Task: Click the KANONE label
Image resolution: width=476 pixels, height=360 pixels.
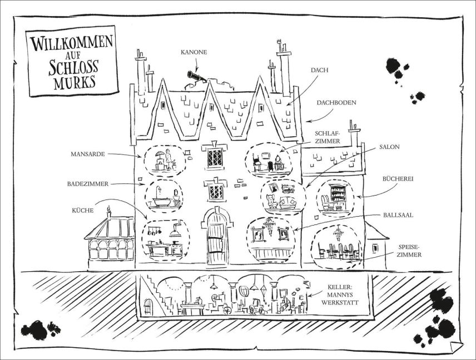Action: click(x=193, y=52)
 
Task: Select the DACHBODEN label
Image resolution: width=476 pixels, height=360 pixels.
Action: click(x=336, y=103)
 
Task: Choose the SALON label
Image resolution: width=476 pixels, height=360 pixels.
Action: click(x=390, y=147)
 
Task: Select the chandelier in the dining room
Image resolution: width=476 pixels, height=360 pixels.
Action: click(x=338, y=233)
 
